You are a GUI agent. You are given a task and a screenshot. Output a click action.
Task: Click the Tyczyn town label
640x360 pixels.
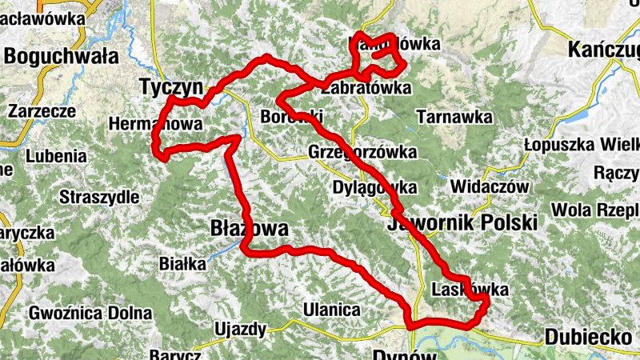point(173,86)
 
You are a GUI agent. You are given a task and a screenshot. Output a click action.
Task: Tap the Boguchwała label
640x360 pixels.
point(61,56)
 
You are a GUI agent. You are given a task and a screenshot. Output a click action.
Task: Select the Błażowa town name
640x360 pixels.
point(248,229)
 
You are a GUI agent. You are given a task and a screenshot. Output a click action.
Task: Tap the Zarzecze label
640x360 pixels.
point(42,111)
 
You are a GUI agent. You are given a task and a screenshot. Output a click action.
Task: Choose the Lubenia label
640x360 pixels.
point(57,156)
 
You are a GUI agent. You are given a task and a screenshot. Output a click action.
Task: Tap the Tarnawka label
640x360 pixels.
point(454,117)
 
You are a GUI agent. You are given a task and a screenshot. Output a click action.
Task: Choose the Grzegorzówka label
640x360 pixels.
point(362,152)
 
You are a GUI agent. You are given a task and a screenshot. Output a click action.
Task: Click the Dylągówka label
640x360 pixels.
point(374,188)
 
